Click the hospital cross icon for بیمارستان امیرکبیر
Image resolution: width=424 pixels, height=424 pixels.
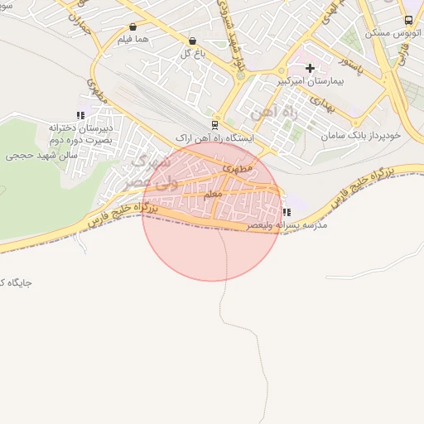point(311,68)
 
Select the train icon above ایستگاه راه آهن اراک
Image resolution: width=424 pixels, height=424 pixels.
point(215,125)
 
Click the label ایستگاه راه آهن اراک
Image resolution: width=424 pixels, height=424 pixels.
point(215,138)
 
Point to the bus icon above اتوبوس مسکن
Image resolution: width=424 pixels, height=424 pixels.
point(408,20)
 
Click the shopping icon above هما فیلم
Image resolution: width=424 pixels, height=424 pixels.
point(133,26)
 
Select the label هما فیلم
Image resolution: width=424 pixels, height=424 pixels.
point(133,40)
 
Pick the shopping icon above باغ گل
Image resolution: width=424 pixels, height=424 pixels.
point(193,41)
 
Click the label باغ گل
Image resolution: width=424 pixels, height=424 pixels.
point(193,54)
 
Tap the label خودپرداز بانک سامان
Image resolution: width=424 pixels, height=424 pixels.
point(364,134)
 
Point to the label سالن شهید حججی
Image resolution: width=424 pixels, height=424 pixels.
point(42,155)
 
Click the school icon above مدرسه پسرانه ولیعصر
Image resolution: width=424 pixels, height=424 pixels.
point(286,212)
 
